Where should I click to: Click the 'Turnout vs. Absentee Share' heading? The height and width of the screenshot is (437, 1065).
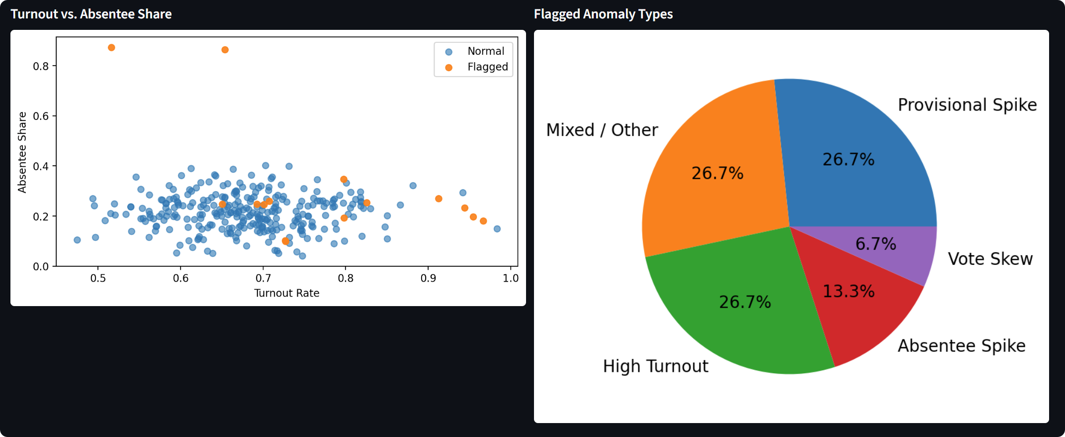91,14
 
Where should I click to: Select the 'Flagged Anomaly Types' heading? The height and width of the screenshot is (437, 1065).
603,14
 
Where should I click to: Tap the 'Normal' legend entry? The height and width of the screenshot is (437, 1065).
485,51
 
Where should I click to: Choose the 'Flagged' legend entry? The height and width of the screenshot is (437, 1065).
487,67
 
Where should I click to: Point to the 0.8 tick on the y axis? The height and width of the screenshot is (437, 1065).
41,66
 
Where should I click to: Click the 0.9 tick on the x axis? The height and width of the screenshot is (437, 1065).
428,278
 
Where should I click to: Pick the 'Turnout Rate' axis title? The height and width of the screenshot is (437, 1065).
286,293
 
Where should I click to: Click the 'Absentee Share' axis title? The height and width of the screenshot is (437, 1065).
22,152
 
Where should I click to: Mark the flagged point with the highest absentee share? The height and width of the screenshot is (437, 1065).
111,48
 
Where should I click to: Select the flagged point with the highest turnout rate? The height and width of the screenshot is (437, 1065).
483,221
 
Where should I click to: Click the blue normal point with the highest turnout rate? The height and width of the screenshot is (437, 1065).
497,229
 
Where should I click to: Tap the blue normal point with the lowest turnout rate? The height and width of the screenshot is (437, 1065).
77,240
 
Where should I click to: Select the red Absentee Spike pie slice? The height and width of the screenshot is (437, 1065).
855,309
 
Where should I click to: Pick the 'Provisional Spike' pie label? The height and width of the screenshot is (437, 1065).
967,105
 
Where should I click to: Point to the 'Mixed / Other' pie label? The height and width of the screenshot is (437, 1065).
602,130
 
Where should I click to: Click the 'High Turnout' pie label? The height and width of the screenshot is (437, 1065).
655,366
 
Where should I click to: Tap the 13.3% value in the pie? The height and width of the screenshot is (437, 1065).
848,291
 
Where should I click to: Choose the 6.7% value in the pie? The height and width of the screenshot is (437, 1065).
876,244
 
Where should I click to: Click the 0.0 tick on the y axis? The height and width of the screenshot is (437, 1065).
41,267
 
